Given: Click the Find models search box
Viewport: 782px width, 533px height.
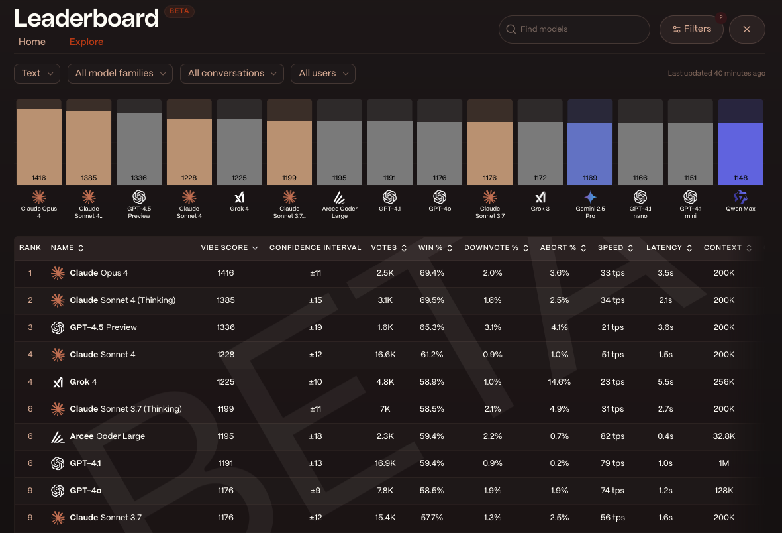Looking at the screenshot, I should tap(574, 29).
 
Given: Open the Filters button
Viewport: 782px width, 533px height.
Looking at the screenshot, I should tap(691, 29).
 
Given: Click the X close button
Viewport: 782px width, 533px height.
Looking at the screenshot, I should tap(747, 29).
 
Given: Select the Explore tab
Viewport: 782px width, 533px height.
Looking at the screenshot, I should tap(86, 42).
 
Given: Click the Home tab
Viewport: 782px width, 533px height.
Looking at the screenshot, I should tap(32, 42).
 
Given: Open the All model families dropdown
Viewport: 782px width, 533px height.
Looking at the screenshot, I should tap(120, 74).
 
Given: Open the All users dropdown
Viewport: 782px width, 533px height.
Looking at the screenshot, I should tap(322, 74).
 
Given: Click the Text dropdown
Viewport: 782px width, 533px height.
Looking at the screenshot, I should tap(37, 74).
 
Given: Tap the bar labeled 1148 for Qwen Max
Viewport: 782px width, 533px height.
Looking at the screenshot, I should tap(740, 152).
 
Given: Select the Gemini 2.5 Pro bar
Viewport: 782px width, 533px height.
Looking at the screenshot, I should tap(590, 152).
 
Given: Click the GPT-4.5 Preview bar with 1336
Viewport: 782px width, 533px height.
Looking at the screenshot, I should tap(139, 148).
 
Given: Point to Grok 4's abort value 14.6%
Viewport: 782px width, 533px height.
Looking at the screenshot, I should tap(560, 382).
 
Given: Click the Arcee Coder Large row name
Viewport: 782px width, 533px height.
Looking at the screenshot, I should tap(107, 436).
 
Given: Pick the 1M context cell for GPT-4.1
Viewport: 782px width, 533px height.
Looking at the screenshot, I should tap(724, 463).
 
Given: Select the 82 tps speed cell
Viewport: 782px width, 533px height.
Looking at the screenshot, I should tap(611, 436).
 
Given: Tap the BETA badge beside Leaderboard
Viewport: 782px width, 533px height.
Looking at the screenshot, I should tap(179, 12).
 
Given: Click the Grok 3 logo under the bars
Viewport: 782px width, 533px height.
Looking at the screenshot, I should tap(540, 197).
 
